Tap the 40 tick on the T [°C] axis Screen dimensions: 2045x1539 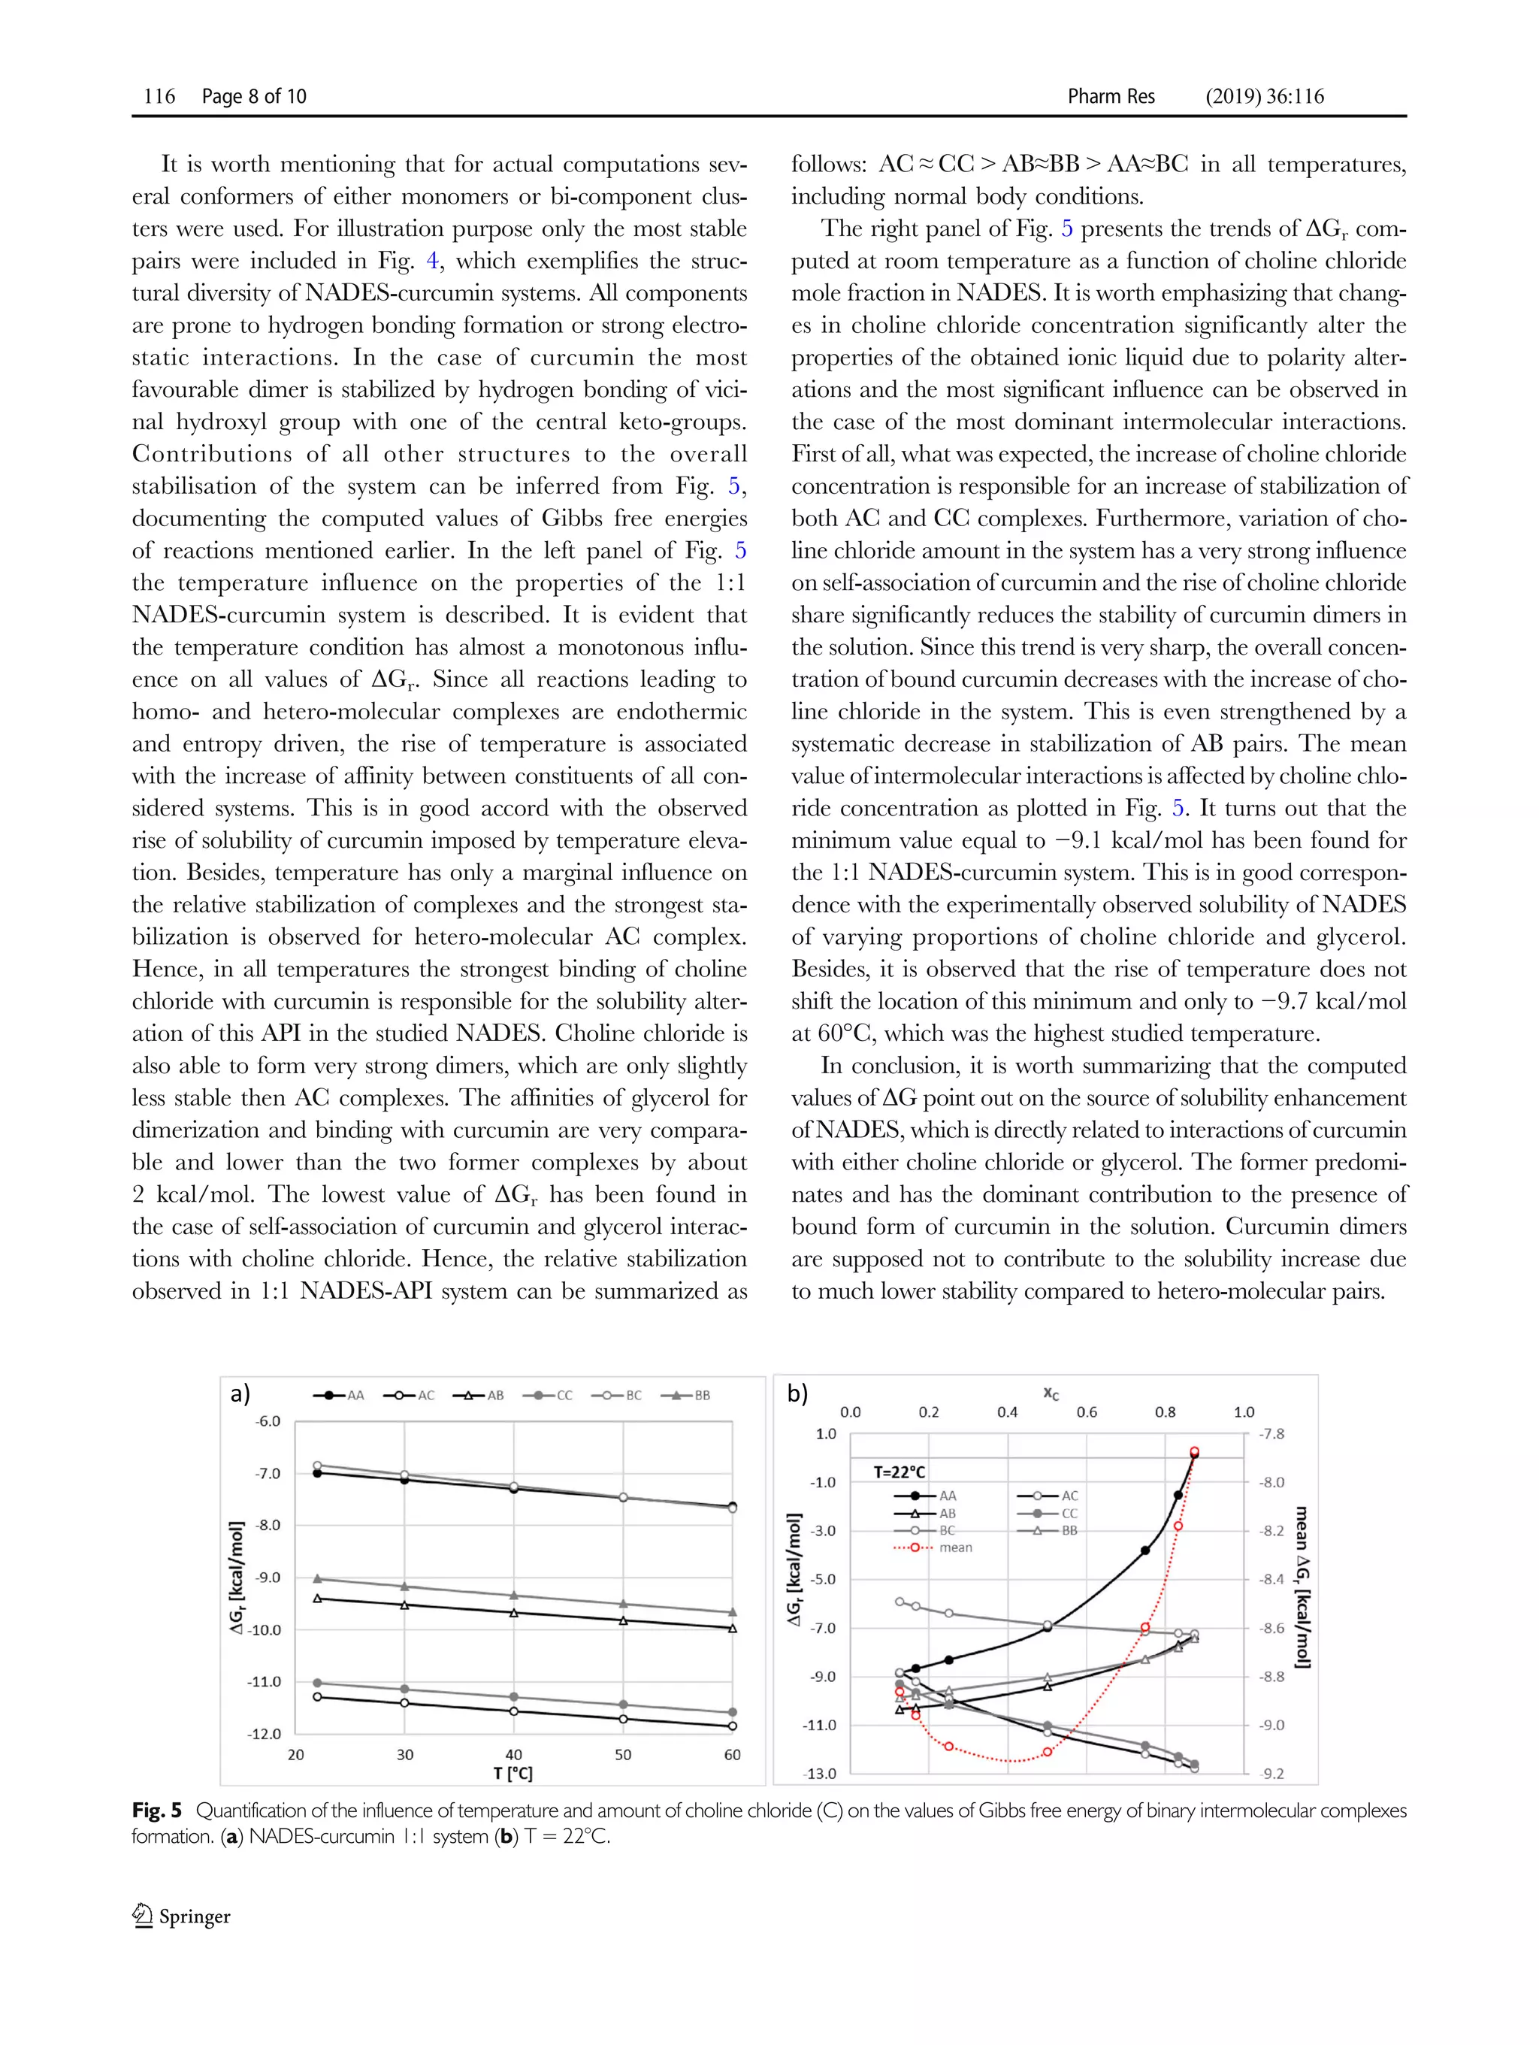pos(514,1755)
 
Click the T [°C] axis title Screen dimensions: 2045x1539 pos(513,1773)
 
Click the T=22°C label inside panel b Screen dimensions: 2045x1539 pos(900,1472)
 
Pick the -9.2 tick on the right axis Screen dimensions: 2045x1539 pos(1273,1773)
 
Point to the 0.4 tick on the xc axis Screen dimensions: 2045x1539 pos(1008,1411)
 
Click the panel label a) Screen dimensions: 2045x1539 pos(240,1393)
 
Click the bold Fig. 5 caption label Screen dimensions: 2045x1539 pos(157,1811)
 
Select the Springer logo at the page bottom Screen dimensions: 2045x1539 pos(182,1916)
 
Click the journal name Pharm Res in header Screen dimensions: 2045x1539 pos(1110,96)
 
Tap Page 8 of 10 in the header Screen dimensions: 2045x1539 pos(253,96)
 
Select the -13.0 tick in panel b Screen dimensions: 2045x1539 pos(819,1773)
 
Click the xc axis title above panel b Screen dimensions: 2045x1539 pos(1051,1393)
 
